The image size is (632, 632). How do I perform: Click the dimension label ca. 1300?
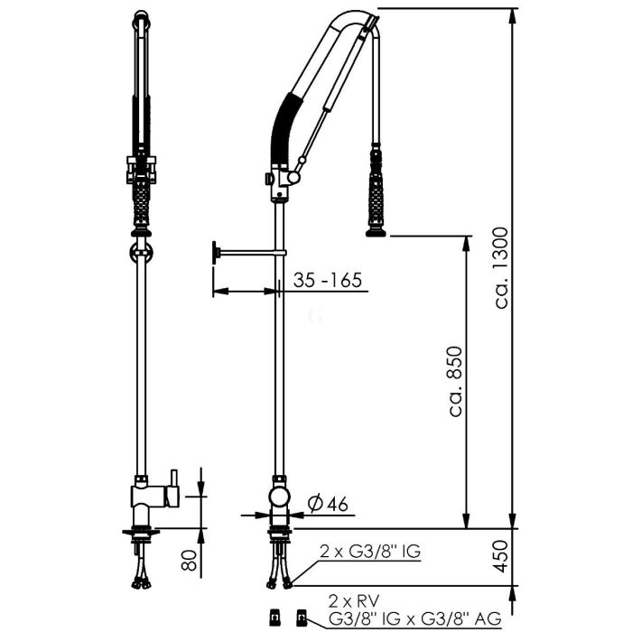pos(502,268)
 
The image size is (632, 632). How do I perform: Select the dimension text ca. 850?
pos(456,380)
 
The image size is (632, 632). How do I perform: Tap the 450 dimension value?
pos(501,556)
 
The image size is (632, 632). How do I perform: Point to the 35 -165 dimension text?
pos(327,280)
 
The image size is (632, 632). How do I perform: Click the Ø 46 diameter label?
pos(327,504)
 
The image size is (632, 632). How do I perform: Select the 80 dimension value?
pos(189,561)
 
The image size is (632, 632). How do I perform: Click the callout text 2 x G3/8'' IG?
pos(370,551)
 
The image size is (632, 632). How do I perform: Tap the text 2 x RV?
pos(354,601)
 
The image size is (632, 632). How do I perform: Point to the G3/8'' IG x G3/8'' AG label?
pos(414,618)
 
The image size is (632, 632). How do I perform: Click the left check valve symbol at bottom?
pos(274,617)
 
